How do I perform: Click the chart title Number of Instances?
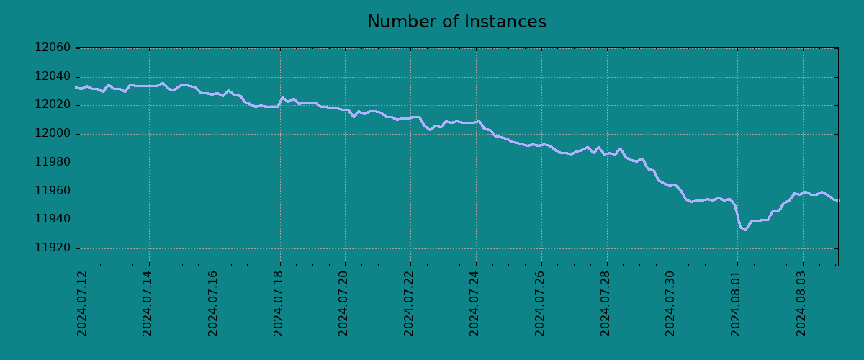point(456,22)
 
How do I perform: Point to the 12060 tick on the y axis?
point(53,48)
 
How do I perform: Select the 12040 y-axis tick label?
point(53,77)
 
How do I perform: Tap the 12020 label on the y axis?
point(53,105)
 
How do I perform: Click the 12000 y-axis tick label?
point(53,134)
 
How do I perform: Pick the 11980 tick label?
point(53,163)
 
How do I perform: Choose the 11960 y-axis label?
point(53,192)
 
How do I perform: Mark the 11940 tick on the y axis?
point(53,220)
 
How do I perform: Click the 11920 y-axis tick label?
point(53,248)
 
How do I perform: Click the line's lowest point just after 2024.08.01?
point(745,230)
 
